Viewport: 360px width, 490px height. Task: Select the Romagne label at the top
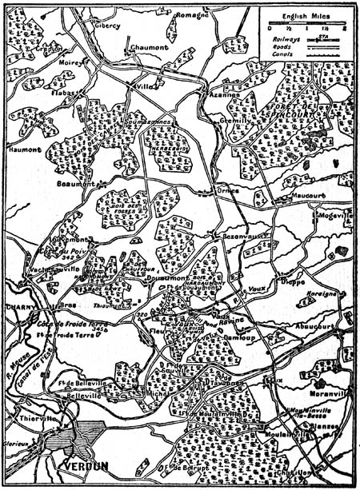(192, 15)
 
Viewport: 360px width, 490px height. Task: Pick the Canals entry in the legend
(282, 54)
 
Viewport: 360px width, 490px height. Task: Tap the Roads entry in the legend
(282, 45)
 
